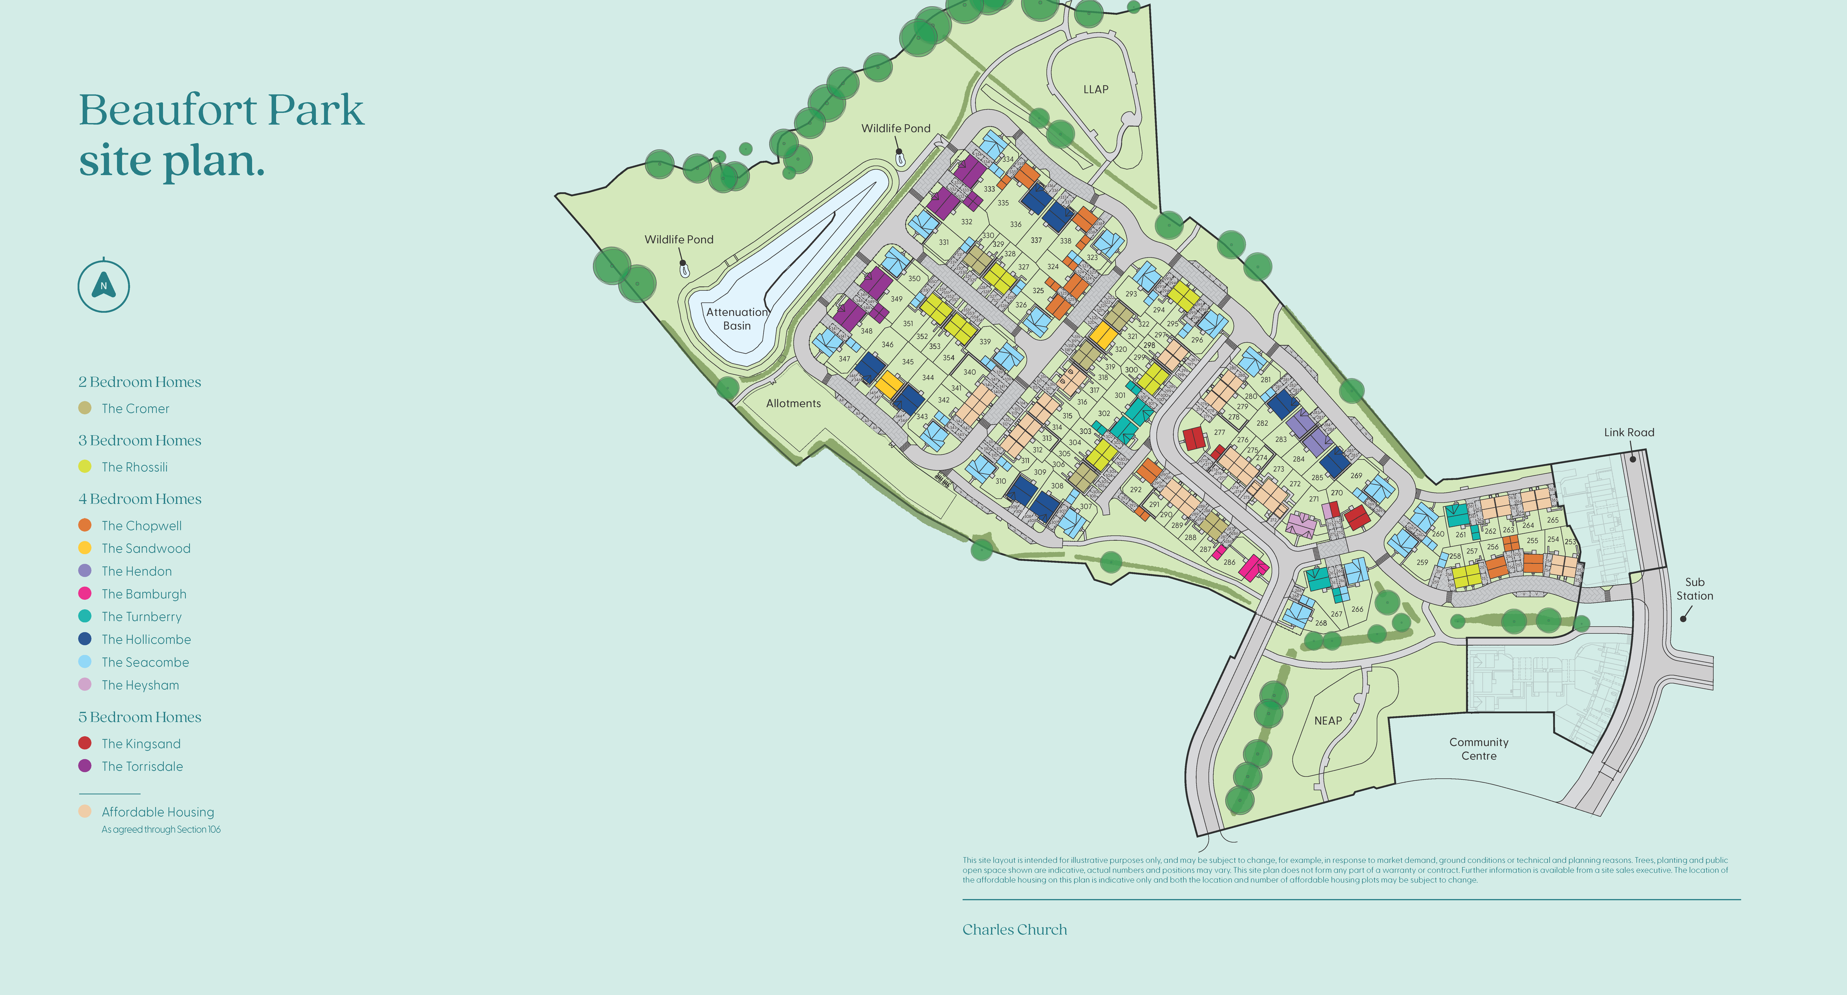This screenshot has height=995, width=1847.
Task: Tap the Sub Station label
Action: [x=1694, y=588]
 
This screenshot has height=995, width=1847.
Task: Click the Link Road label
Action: [x=1629, y=432]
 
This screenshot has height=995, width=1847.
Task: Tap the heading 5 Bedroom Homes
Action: [x=140, y=717]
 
